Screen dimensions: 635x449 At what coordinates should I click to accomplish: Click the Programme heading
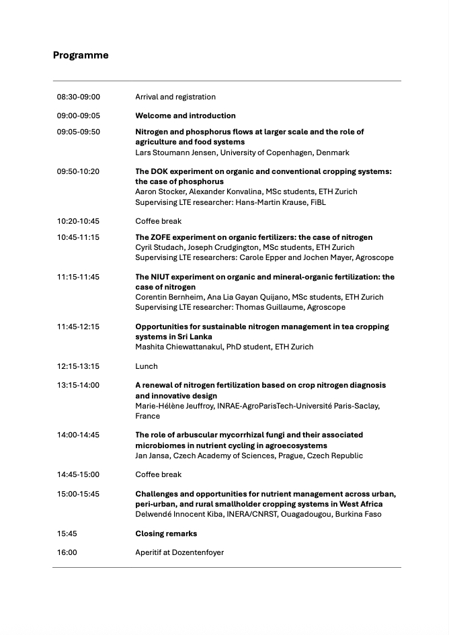click(81, 55)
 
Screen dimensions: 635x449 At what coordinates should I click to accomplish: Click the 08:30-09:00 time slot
click(79, 97)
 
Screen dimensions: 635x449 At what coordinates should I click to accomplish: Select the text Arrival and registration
click(175, 97)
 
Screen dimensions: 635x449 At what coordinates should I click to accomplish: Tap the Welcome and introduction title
click(186, 116)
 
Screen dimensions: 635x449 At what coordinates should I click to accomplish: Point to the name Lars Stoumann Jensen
click(176, 153)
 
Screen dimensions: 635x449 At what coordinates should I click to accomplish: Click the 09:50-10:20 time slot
click(78, 171)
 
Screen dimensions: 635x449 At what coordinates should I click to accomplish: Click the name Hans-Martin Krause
click(272, 202)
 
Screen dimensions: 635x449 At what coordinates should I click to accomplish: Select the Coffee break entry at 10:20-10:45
click(159, 221)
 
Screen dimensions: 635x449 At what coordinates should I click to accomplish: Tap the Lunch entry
click(147, 366)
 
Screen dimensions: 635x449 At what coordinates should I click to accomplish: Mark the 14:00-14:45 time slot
click(78, 435)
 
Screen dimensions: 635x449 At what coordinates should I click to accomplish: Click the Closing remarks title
click(166, 534)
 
